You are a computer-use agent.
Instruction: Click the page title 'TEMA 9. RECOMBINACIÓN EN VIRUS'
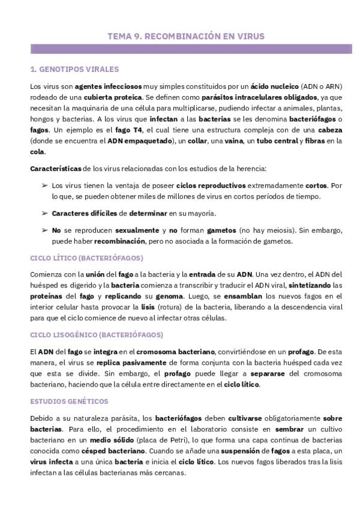(185, 36)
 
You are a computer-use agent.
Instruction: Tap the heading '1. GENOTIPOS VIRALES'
(74, 69)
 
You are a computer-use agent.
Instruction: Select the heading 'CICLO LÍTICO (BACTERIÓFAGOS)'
(86, 258)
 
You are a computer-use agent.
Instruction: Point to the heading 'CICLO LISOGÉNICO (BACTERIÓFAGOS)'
(96, 334)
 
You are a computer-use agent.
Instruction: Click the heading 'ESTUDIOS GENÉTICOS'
(69, 400)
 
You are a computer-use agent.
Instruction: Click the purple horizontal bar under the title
(186, 49)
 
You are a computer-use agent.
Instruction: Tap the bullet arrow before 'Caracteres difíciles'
(44, 213)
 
